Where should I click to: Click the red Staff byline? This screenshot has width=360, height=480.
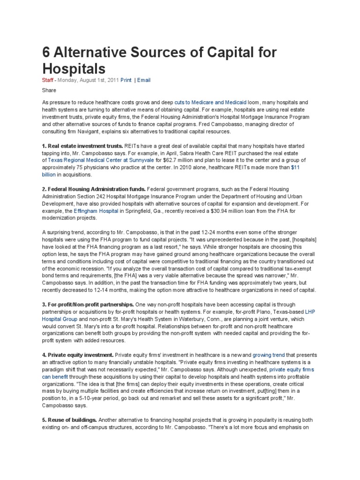tap(48, 80)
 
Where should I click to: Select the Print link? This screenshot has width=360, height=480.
tap(126, 80)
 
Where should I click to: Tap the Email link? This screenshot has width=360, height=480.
tap(144, 80)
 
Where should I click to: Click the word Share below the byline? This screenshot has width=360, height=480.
tap(49, 90)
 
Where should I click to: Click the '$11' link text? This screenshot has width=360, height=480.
tap(296, 167)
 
